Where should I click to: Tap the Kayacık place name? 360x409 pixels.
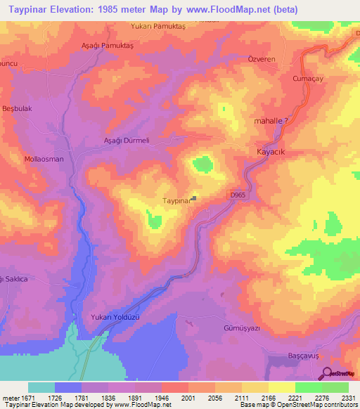pos(268,152)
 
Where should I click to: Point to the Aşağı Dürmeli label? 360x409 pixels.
pos(127,140)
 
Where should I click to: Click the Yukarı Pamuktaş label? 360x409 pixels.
pos(157,25)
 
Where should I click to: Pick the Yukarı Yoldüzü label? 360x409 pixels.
pos(116,317)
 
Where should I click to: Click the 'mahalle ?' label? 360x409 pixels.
pos(271,121)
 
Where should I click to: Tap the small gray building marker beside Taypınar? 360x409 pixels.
pos(195,199)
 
